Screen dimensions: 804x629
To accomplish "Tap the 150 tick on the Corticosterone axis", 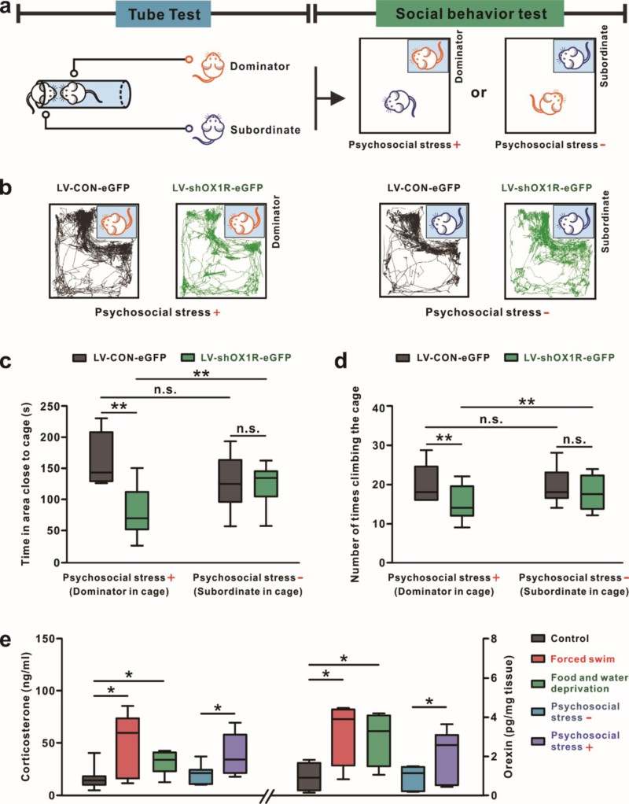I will pos(48,639).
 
